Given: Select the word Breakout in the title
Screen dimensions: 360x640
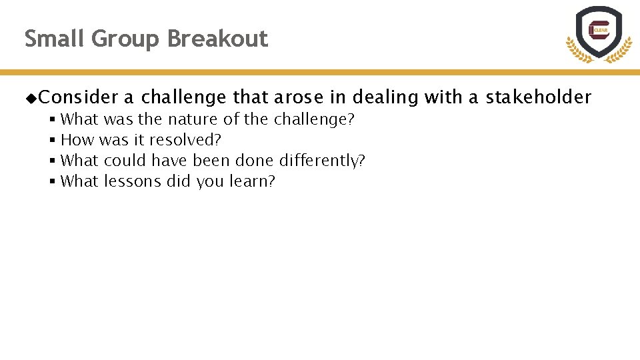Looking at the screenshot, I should [217, 39].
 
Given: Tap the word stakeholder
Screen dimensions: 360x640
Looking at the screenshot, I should [538, 98].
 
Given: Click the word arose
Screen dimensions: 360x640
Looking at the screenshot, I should [298, 98].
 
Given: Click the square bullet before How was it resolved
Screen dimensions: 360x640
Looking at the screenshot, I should [52, 141].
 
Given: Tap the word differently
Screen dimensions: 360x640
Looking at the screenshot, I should [322, 161].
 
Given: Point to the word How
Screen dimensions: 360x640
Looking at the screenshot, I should [77, 141].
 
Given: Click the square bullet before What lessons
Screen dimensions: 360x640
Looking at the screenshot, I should [52, 181].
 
